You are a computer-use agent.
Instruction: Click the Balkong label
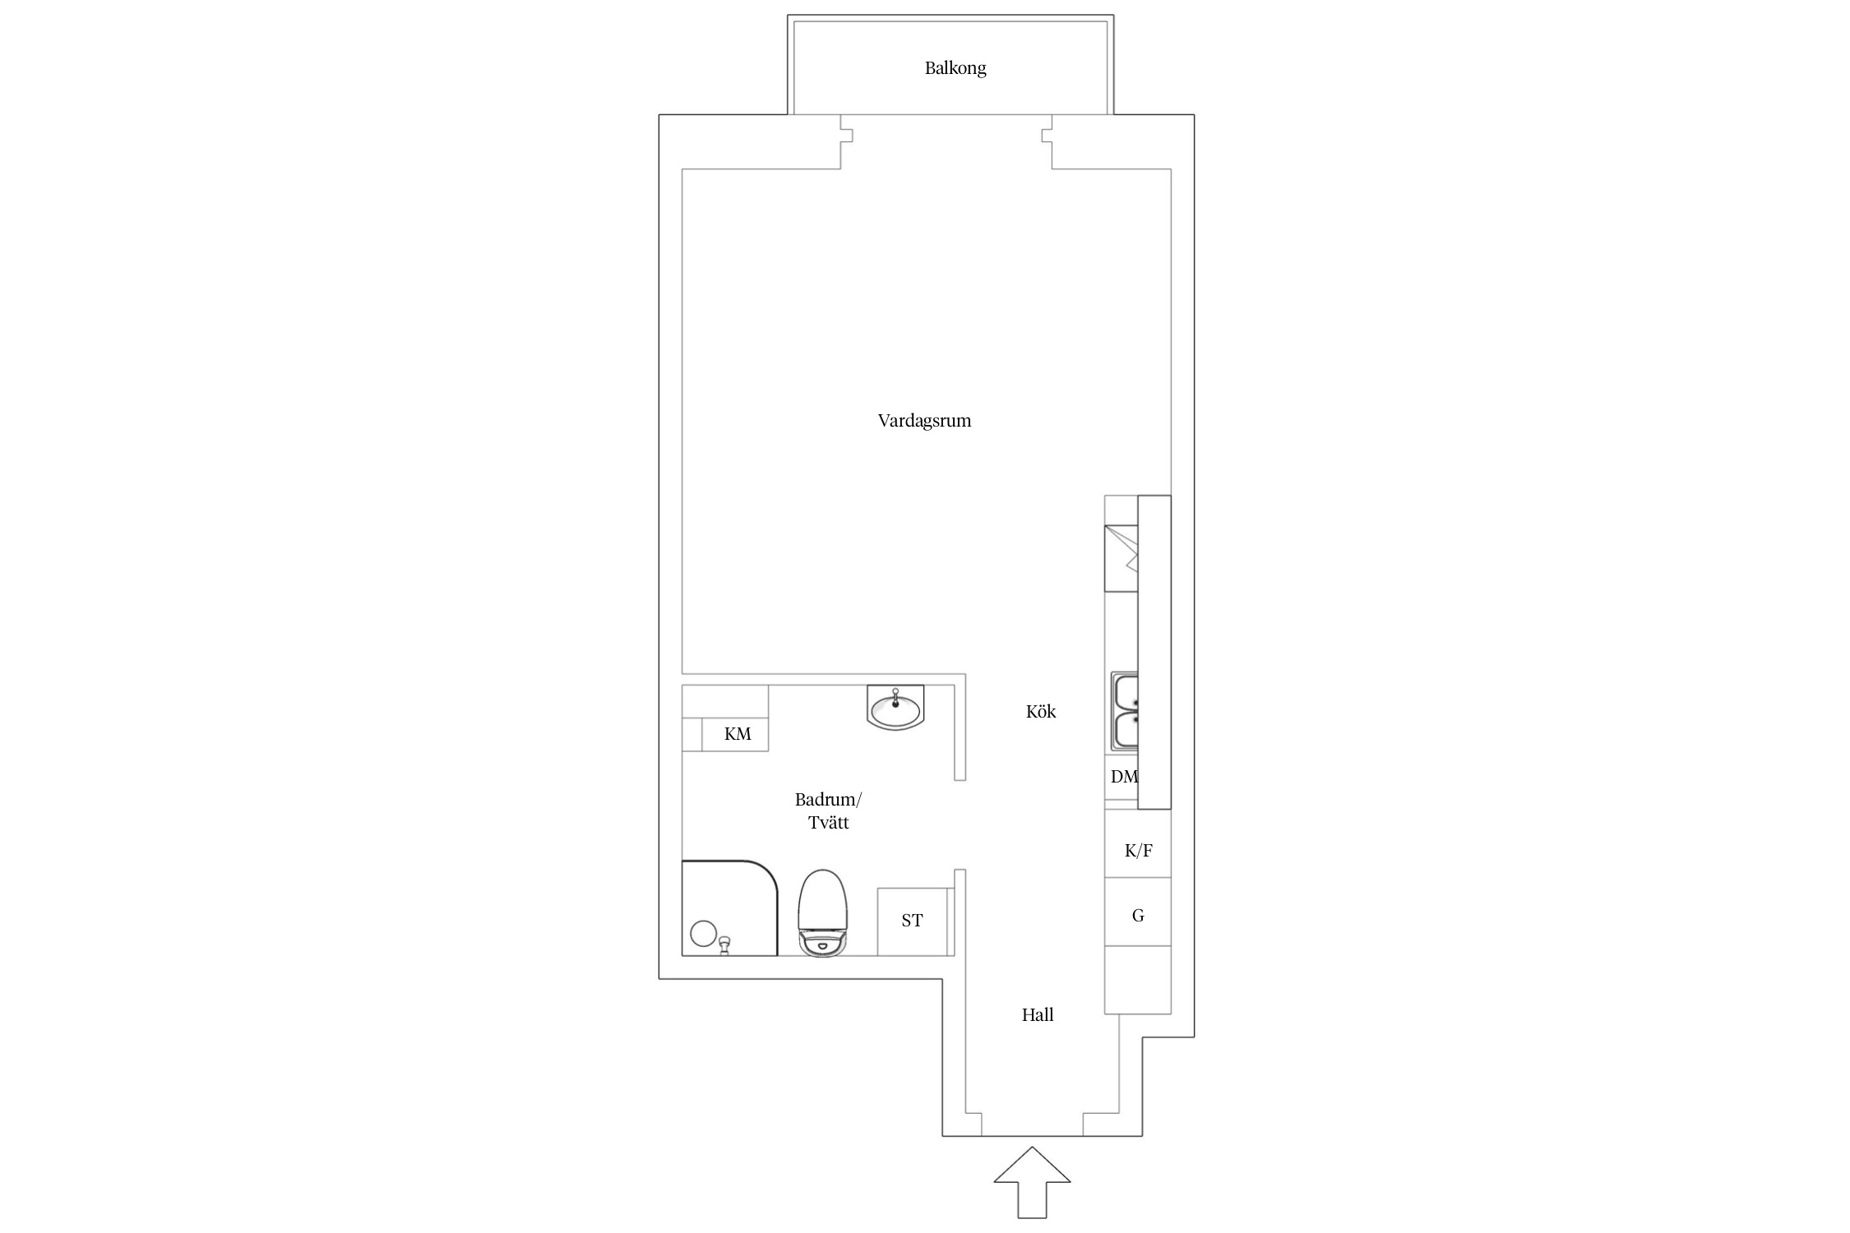(955, 68)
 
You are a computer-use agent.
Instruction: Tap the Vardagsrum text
(924, 421)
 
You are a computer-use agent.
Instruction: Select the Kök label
(1041, 711)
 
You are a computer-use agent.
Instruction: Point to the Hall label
(1038, 1014)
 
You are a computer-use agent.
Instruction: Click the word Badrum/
(828, 800)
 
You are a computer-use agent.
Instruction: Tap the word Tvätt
(828, 822)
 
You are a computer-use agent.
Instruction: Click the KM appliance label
(738, 734)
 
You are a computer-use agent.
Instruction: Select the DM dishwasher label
(1124, 776)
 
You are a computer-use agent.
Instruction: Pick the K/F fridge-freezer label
(1138, 851)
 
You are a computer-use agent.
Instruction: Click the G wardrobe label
(1138, 916)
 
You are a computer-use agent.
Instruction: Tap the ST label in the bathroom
(912, 921)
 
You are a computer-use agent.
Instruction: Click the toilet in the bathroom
(822, 912)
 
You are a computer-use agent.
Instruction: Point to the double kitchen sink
(1125, 712)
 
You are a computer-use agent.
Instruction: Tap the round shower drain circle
(703, 934)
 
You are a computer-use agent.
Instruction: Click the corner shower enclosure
(729, 908)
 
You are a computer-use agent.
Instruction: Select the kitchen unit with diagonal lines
(1121, 558)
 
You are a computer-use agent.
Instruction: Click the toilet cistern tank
(822, 943)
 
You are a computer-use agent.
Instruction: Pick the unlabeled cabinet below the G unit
(1137, 980)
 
